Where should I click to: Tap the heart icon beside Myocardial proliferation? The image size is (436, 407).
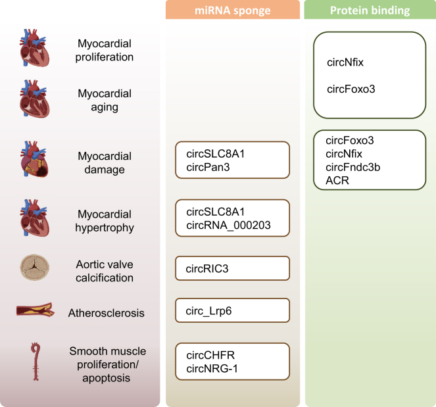pyautogui.click(x=34, y=50)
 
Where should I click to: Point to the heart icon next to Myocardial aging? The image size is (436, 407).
pyautogui.click(x=34, y=99)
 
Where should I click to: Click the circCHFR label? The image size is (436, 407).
pyautogui.click(x=210, y=355)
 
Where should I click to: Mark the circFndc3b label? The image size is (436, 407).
pyautogui.click(x=352, y=166)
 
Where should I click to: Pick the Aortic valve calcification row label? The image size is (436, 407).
pyautogui.click(x=105, y=271)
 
